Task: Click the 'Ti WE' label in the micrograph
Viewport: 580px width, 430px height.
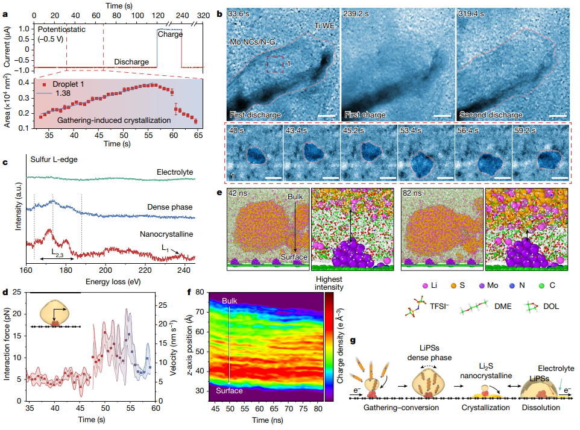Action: tap(325, 26)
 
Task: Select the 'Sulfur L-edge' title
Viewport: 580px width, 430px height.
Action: tap(55, 160)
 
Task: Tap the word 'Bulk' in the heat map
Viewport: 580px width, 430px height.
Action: tap(230, 301)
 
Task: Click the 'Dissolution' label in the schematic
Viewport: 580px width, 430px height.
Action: tap(541, 408)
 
